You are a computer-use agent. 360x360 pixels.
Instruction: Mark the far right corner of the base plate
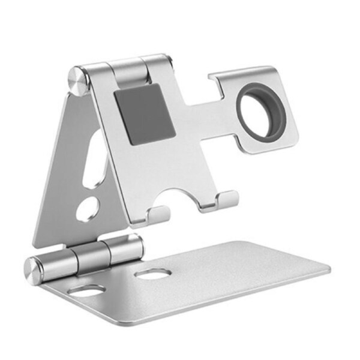tap(328, 268)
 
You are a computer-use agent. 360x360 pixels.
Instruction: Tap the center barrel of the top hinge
tap(127, 70)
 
